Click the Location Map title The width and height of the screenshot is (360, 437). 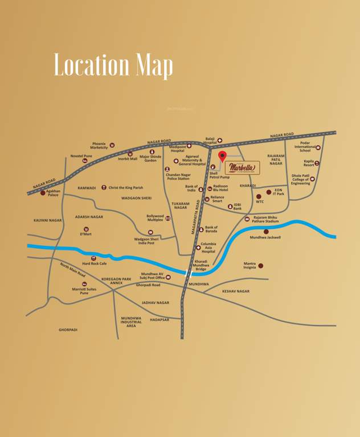(x=113, y=65)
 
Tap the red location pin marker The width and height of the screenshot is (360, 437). (x=222, y=157)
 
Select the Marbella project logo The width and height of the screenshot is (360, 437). (x=243, y=167)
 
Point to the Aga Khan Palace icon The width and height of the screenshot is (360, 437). (x=43, y=192)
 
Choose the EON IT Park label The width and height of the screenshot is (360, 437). (x=278, y=192)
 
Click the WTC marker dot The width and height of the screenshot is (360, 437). (x=259, y=196)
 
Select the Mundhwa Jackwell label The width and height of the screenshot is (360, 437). (x=265, y=237)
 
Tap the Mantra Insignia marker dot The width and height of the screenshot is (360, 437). (x=261, y=266)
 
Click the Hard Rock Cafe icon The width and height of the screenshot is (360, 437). (x=93, y=258)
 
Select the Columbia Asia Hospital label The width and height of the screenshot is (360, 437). (x=208, y=248)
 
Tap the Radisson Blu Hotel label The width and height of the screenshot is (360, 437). (x=220, y=188)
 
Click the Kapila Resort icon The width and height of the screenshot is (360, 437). (x=317, y=163)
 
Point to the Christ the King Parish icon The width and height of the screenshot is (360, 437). (x=104, y=187)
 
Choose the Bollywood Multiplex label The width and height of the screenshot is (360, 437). (x=155, y=218)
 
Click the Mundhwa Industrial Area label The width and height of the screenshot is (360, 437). (x=131, y=322)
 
